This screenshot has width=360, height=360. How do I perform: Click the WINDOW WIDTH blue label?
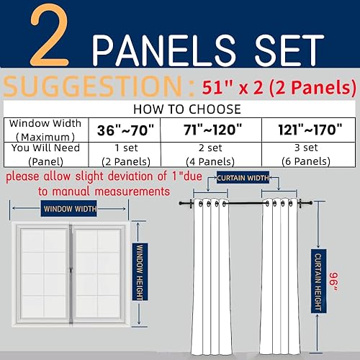(x=69, y=210)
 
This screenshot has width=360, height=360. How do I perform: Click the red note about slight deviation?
(x=86, y=185)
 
